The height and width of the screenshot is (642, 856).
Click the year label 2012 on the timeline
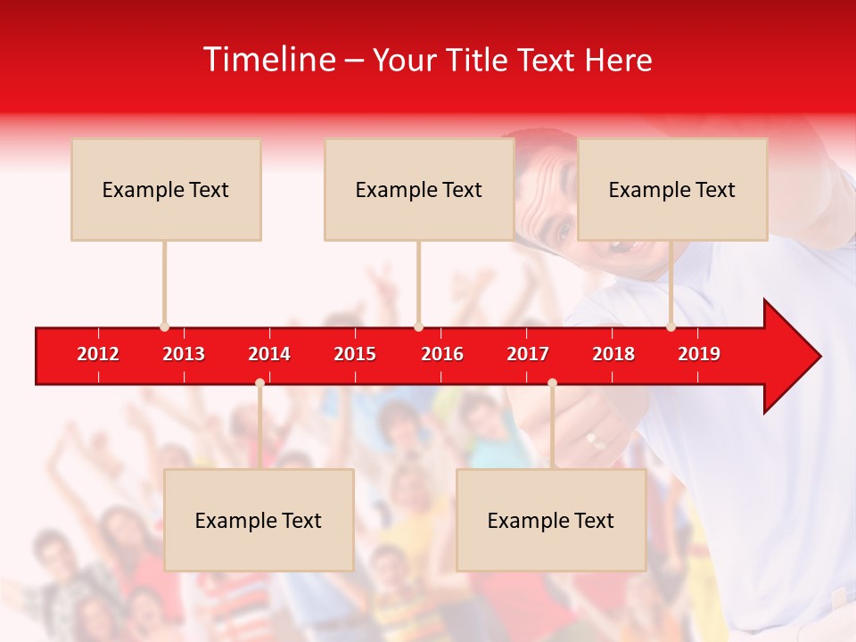[x=98, y=354]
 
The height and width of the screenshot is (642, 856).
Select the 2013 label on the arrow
[x=184, y=354]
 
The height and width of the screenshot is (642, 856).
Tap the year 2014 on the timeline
[x=269, y=354]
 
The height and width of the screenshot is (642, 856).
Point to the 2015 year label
[x=355, y=354]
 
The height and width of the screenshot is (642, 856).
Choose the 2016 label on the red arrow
[x=442, y=354]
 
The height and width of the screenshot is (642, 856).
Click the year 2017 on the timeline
[x=528, y=354]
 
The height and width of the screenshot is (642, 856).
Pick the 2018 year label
[x=613, y=354]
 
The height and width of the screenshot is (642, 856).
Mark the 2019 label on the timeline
[x=699, y=354]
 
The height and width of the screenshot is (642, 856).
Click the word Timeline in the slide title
[x=268, y=60]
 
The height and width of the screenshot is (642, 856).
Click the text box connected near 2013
[x=166, y=189]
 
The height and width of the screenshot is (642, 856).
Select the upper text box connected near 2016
[x=419, y=189]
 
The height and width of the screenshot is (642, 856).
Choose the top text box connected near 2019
[x=672, y=189]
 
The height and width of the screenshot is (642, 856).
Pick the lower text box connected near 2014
[x=259, y=520]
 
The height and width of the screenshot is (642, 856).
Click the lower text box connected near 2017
[x=551, y=520]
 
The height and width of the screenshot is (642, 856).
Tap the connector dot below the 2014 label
[x=259, y=383]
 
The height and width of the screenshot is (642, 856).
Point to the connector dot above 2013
[x=164, y=327]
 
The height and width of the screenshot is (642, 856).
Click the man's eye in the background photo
[x=564, y=231]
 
